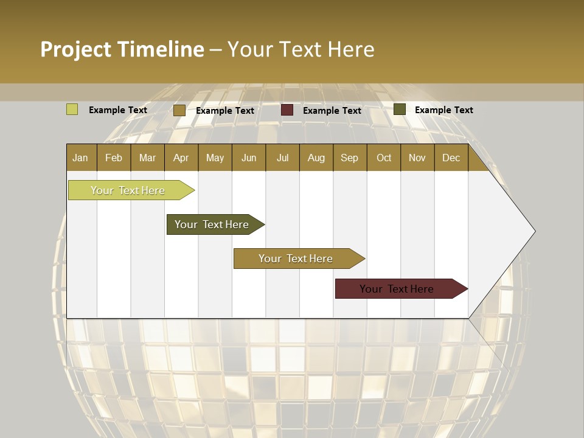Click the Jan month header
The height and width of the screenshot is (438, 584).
coord(81,158)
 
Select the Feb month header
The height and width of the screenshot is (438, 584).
coord(114,158)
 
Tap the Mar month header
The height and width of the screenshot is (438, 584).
coord(147,158)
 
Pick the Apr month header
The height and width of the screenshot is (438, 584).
coord(181,158)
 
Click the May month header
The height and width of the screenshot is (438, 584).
coord(215,158)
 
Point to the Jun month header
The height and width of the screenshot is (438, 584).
coord(249,158)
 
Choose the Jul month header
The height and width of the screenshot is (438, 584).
coord(282,158)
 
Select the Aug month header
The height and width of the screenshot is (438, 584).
coord(316,158)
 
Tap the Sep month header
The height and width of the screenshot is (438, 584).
coord(350,158)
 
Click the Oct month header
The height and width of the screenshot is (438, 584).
coord(384,158)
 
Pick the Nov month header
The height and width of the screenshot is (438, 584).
coord(417,158)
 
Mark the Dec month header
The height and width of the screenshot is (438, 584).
coord(451,158)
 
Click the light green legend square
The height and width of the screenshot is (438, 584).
coord(72,109)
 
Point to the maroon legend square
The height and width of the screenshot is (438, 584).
coord(287,110)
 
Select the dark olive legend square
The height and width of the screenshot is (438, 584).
coord(400,109)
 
